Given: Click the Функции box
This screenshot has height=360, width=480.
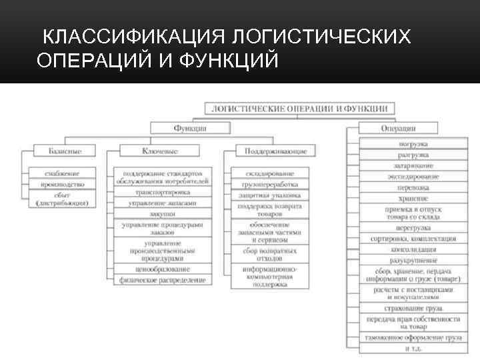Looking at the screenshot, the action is tap(191, 127).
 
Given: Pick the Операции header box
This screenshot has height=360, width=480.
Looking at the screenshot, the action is tap(399, 127).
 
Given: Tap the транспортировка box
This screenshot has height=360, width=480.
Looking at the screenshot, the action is tap(163, 192).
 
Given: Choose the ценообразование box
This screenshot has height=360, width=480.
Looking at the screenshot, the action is tap(163, 269).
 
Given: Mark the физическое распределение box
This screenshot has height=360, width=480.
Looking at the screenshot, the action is tap(163, 280).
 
